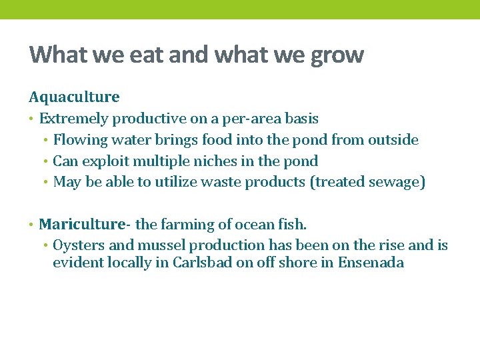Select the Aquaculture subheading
click(x=74, y=97)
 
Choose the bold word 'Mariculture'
click(x=82, y=224)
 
